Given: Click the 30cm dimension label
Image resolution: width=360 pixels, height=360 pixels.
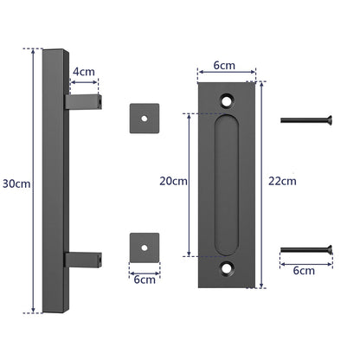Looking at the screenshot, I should click(15, 183).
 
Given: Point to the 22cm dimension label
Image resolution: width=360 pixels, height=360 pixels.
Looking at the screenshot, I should click(282, 182).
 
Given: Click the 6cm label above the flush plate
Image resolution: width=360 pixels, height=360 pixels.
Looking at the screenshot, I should click(225, 64).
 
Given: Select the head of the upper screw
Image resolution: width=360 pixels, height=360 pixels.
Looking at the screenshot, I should click(328, 119).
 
